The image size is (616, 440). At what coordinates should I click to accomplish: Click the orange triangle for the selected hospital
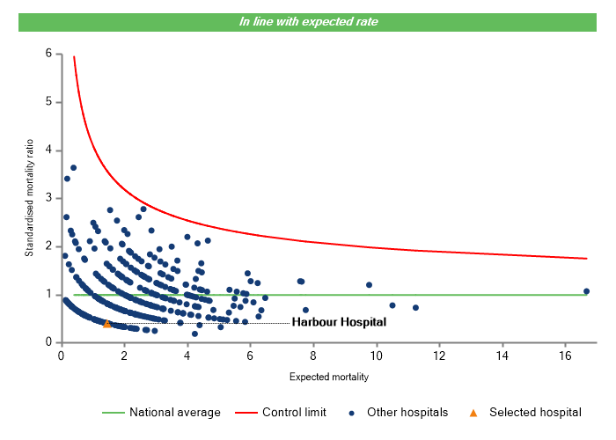pyautogui.click(x=107, y=324)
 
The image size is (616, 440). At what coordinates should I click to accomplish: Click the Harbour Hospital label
pyautogui.click(x=339, y=323)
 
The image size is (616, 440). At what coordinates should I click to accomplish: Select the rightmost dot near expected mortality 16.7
pyautogui.click(x=586, y=291)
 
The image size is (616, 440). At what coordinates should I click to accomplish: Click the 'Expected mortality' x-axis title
pyautogui.click(x=328, y=378)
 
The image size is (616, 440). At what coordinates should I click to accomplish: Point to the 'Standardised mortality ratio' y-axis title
pyautogui.click(x=29, y=198)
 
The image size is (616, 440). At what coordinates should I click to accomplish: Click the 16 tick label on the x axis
pyautogui.click(x=565, y=356)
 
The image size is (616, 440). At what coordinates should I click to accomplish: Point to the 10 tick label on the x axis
pyautogui.click(x=376, y=356)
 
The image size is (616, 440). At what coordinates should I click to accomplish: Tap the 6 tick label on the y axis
pyautogui.click(x=48, y=54)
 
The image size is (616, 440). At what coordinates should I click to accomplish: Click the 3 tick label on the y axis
pyautogui.click(x=48, y=198)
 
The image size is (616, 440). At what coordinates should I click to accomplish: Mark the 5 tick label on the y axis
pyautogui.click(x=48, y=102)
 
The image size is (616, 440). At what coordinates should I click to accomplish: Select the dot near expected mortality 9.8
pyautogui.click(x=369, y=285)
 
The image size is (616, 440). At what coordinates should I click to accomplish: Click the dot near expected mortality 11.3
pyautogui.click(x=415, y=308)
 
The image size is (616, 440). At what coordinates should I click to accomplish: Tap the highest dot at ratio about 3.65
pyautogui.click(x=74, y=167)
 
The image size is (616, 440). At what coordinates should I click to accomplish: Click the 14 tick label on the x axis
pyautogui.click(x=502, y=356)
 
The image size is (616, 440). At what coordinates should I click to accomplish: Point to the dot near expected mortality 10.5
pyautogui.click(x=392, y=305)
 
